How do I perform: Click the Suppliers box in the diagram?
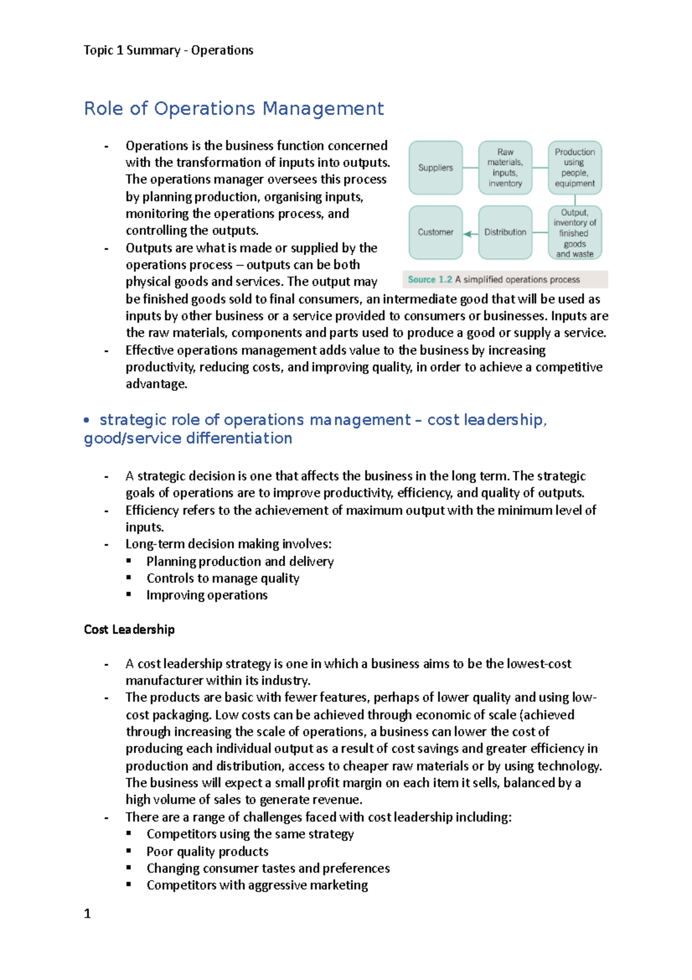click(435, 168)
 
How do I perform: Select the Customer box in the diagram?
click(435, 232)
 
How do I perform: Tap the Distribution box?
click(505, 232)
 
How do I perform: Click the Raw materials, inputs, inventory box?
click(505, 168)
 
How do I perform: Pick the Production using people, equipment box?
click(574, 168)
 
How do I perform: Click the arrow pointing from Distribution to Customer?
click(471, 233)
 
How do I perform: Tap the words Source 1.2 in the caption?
click(430, 279)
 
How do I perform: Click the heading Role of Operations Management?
click(234, 109)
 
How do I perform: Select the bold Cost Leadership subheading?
click(129, 629)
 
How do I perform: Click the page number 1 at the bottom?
click(87, 914)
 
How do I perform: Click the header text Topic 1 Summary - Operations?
click(168, 50)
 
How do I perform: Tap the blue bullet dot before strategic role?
click(86, 421)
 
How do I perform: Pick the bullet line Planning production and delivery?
click(240, 562)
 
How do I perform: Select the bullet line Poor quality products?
click(207, 852)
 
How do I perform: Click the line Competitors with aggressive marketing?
click(257, 885)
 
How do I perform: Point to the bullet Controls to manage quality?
click(223, 578)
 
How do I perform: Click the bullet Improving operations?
click(206, 595)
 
